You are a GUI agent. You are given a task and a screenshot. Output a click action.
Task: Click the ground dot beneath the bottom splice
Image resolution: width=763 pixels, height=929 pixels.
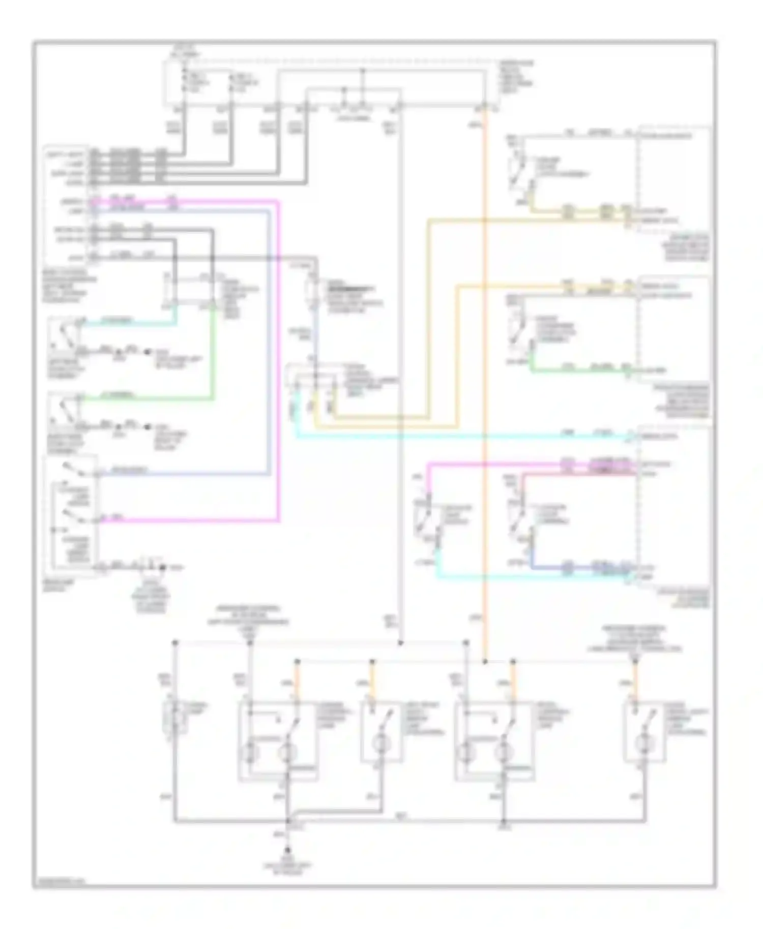[x=288, y=850]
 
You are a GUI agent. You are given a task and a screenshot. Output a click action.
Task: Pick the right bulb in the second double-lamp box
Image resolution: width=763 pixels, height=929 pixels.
[x=504, y=752]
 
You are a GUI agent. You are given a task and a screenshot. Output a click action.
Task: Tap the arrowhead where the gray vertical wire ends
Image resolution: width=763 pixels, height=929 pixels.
[x=400, y=643]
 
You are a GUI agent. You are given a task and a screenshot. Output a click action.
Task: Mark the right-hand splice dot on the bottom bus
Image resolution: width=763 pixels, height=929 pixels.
[x=504, y=821]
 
